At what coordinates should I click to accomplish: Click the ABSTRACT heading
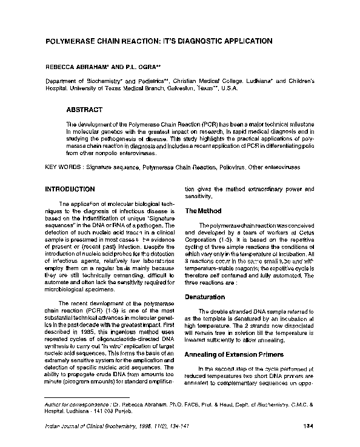84,110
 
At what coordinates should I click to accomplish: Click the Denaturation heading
204,297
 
